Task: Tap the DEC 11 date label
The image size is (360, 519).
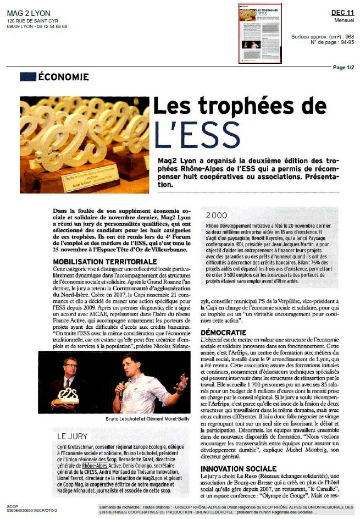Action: tap(342, 12)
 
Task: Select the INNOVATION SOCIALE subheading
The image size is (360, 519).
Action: tap(238, 468)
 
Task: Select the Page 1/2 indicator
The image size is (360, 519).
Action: tap(344, 67)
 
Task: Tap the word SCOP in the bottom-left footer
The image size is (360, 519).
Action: tap(12, 506)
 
